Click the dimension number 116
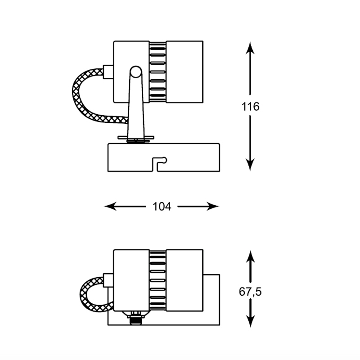(x=250, y=107)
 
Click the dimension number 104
(x=162, y=207)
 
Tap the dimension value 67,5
(x=250, y=292)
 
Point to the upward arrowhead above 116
(x=250, y=47)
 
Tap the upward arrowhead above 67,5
(x=250, y=257)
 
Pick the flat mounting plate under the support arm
(x=135, y=137)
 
